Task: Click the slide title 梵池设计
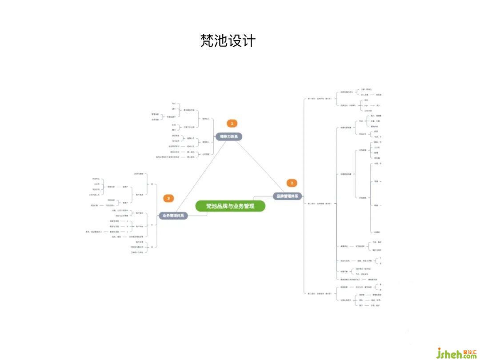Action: (228, 40)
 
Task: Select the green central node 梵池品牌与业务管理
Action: (230, 206)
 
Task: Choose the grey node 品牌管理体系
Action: (288, 196)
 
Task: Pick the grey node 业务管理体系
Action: (174, 216)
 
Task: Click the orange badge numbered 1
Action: (232, 123)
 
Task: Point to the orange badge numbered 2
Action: (292, 183)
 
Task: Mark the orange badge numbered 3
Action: (168, 198)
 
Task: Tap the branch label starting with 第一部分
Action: (320, 98)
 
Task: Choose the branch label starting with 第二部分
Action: (320, 203)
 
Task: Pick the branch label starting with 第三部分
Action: (320, 293)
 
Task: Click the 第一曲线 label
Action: (191, 152)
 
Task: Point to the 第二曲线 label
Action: (191, 157)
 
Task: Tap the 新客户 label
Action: (125, 187)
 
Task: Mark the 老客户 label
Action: (125, 203)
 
